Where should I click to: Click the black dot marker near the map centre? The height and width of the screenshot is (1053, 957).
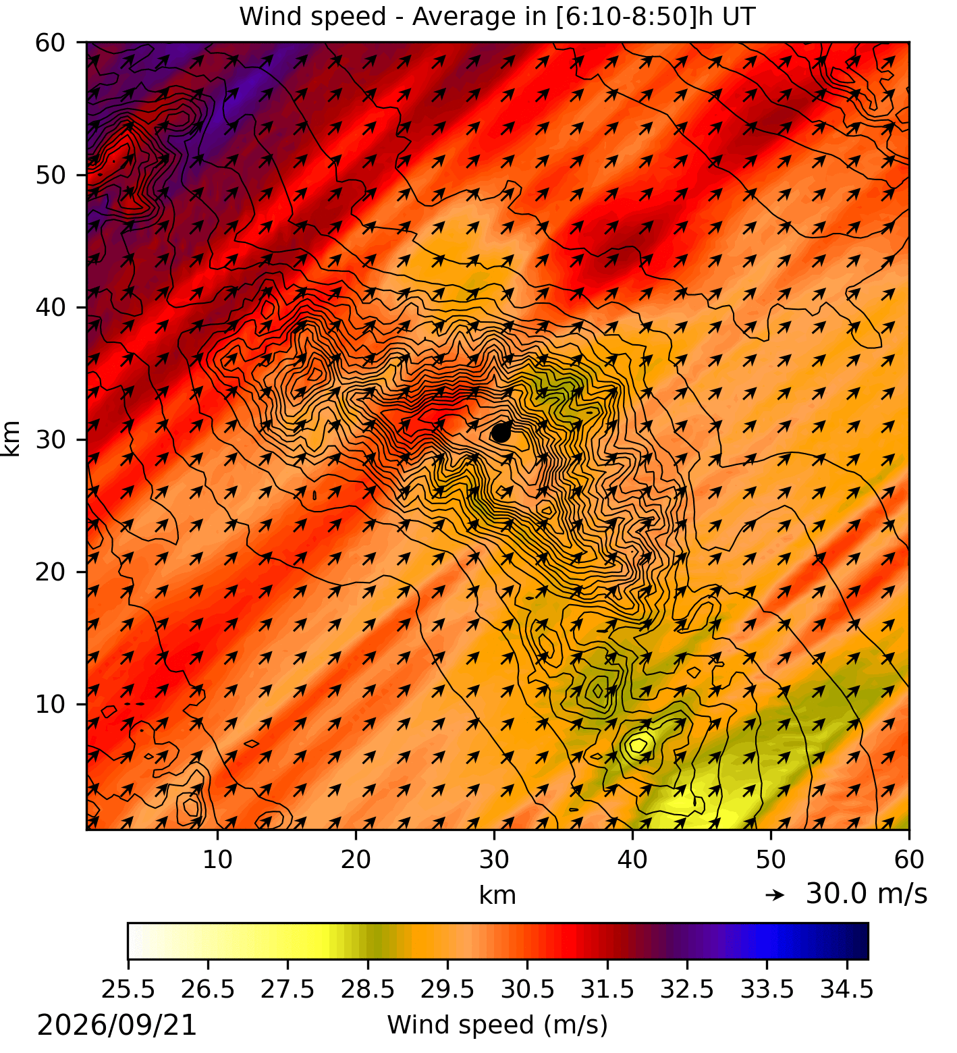pyautogui.click(x=501, y=432)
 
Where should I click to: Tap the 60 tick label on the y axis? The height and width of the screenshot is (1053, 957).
pyautogui.click(x=51, y=43)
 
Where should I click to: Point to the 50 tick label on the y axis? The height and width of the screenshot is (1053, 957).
pyautogui.click(x=51, y=175)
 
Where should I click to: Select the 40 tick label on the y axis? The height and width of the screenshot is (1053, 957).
pyautogui.click(x=51, y=307)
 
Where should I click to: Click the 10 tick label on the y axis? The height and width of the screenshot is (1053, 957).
pyautogui.click(x=51, y=704)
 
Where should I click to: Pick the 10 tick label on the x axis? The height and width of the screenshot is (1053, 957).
pyautogui.click(x=217, y=859)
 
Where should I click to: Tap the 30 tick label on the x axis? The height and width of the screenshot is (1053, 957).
pyautogui.click(x=494, y=859)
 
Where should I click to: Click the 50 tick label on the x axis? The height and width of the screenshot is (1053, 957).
pyautogui.click(x=771, y=859)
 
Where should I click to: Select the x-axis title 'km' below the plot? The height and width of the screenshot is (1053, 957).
pyautogui.click(x=497, y=895)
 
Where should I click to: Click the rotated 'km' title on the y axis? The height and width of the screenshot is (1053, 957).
pyautogui.click(x=11, y=438)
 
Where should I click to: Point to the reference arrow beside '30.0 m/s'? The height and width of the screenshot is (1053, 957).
pyautogui.click(x=775, y=895)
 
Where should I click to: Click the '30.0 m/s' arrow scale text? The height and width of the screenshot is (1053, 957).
pyautogui.click(x=867, y=894)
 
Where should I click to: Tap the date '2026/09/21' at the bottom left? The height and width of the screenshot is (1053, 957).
pyautogui.click(x=117, y=1025)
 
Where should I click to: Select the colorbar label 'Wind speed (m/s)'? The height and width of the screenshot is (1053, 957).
pyautogui.click(x=497, y=1025)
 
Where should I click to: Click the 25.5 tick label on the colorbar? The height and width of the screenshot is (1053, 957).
pyautogui.click(x=128, y=990)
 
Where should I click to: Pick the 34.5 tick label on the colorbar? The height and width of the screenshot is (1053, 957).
pyautogui.click(x=847, y=990)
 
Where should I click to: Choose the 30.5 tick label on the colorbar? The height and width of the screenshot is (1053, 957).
pyautogui.click(x=528, y=990)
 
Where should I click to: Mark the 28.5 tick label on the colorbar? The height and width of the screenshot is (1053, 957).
pyautogui.click(x=368, y=990)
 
